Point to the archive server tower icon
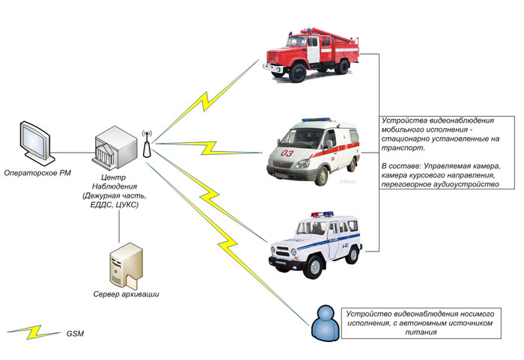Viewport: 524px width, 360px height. coord(121,265)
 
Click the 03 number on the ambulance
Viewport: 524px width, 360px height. coord(287,154)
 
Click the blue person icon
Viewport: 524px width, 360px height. coord(322,322)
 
